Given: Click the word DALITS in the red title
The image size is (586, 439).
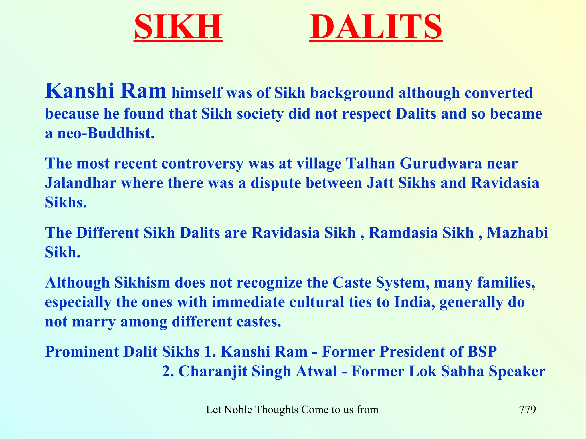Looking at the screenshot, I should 376,27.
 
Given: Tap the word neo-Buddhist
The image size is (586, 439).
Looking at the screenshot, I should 106,133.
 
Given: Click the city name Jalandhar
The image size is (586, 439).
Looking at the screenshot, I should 80,183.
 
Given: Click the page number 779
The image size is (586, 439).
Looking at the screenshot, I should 527,410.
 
